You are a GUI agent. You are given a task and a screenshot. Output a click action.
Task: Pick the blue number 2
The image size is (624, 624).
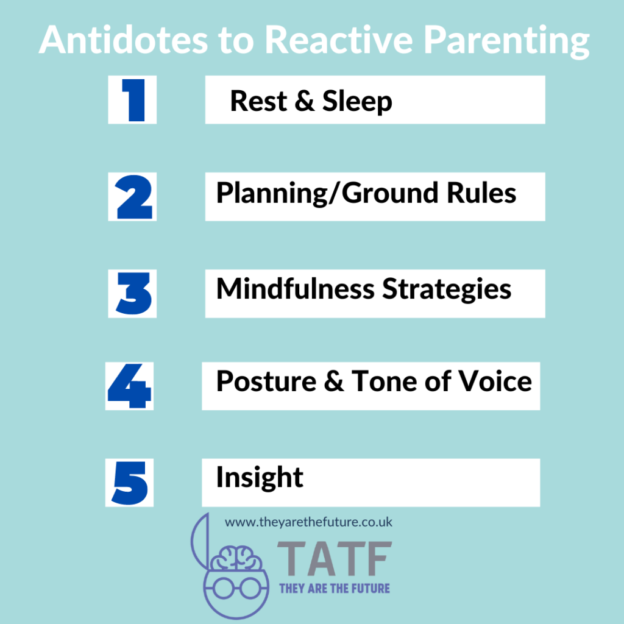coord(133,196)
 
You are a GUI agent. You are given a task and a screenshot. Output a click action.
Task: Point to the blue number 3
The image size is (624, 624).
coord(133,293)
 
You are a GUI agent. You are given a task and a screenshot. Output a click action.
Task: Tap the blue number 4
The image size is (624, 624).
coord(130,386)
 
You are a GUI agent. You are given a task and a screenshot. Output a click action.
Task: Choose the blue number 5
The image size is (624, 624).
coord(130,483)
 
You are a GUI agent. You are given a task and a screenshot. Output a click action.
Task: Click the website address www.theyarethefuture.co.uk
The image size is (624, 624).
coord(308,522)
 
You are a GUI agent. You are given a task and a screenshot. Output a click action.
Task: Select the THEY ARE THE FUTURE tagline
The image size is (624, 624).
coord(334,589)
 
